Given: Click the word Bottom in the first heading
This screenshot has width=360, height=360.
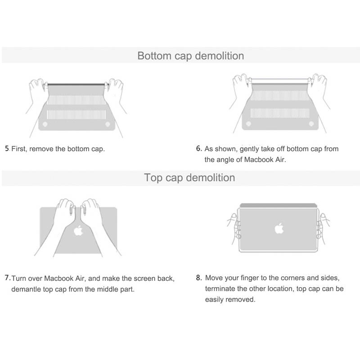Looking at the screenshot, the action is [x=154, y=56].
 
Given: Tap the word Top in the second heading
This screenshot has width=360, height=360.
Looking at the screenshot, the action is [x=153, y=178].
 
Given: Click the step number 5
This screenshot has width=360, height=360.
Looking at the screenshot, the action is [x=7, y=148].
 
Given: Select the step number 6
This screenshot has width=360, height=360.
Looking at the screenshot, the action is [x=199, y=148].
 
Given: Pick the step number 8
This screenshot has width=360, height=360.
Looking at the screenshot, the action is [x=199, y=278].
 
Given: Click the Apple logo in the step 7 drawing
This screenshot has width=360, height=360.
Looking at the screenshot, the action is [x=78, y=230].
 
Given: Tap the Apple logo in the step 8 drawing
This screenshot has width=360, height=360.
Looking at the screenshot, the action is [x=279, y=228].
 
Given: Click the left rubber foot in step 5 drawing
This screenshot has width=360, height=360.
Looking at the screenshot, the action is [x=45, y=124].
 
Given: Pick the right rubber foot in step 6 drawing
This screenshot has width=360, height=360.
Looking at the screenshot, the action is [x=311, y=124].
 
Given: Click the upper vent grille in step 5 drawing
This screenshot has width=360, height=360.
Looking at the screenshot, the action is [x=76, y=100].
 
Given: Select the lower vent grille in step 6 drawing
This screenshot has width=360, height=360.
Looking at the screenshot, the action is [x=280, y=113].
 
